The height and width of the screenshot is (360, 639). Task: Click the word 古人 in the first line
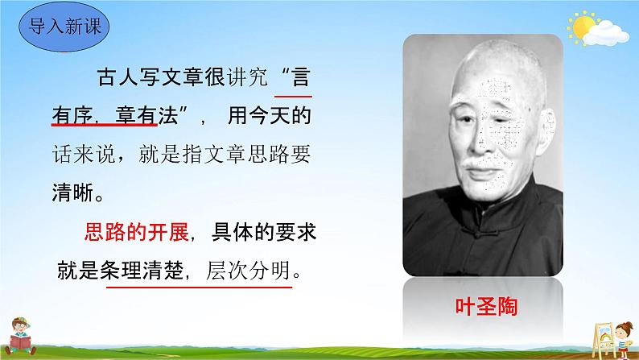(113, 83)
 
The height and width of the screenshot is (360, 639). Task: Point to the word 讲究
(239, 83)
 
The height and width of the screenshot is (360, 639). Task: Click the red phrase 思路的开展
(136, 233)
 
